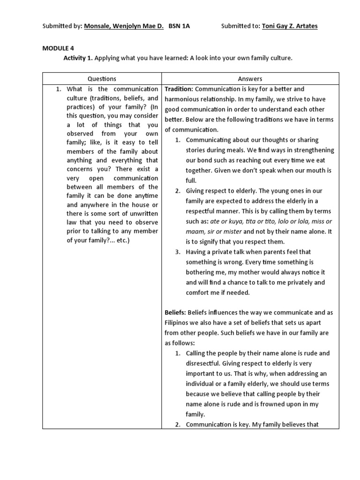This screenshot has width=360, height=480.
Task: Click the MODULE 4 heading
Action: pos(58,48)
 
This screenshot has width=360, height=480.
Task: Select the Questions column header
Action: pos(102,79)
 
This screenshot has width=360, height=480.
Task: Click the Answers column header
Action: pos(250,79)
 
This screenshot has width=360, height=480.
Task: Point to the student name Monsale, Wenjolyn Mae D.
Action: pos(124,26)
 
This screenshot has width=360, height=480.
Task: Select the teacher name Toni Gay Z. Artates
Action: pos(289,26)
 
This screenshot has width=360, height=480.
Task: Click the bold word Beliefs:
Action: pos(175,312)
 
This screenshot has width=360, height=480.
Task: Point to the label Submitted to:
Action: pos(240,26)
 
